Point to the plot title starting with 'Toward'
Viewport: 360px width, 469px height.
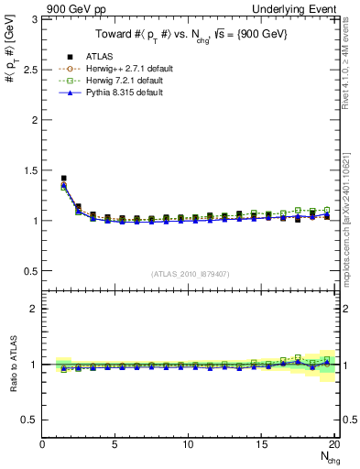click(x=191, y=35)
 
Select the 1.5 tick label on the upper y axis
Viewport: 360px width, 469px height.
click(x=29, y=170)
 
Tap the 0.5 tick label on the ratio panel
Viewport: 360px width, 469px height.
click(x=29, y=420)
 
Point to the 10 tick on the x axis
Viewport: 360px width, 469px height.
click(x=189, y=444)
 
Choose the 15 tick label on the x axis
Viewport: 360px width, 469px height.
click(x=262, y=444)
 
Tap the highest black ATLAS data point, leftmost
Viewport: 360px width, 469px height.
click(x=63, y=179)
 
